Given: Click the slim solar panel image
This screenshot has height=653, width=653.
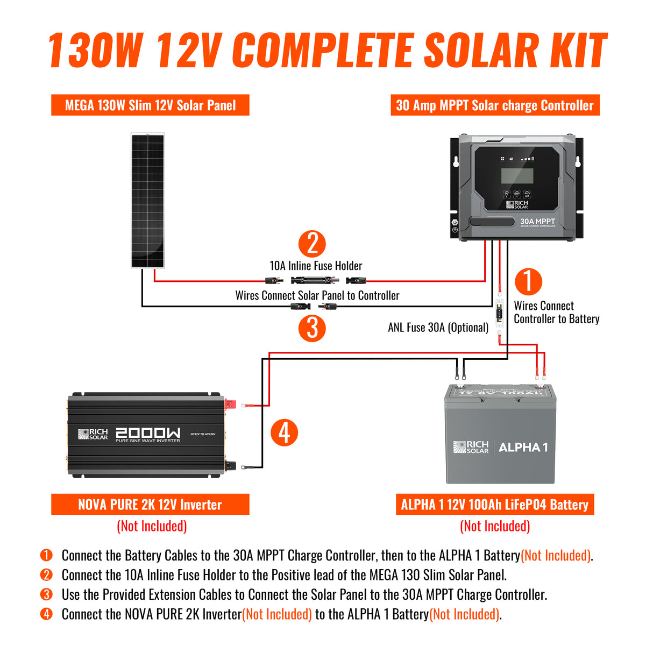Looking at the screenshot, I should (148, 200).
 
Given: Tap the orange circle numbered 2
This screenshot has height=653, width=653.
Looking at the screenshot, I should (312, 244).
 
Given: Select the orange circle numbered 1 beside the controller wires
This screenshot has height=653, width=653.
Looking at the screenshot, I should (528, 281).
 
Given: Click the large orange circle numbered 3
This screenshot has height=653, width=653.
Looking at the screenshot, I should (312, 328).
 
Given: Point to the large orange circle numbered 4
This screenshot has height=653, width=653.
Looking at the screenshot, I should (284, 432).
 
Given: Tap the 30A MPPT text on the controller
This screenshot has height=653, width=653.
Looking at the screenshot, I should (537, 222).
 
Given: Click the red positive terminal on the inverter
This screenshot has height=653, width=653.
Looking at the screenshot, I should (231, 403).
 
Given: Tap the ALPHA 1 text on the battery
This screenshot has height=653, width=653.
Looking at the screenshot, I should (523, 448).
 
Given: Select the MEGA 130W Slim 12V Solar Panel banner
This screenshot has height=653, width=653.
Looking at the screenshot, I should (150, 105).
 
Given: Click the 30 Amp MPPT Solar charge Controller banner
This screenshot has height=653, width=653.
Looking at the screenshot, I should (494, 105).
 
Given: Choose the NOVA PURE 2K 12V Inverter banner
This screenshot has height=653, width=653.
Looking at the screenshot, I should (150, 505).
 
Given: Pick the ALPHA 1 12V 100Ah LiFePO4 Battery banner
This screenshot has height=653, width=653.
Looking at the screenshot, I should (494, 505).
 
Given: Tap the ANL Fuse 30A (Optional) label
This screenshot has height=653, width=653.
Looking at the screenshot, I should (438, 328).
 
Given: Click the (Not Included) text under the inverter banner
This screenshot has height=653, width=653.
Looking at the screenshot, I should (152, 526).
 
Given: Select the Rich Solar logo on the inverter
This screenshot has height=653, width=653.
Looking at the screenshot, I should (93, 434).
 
